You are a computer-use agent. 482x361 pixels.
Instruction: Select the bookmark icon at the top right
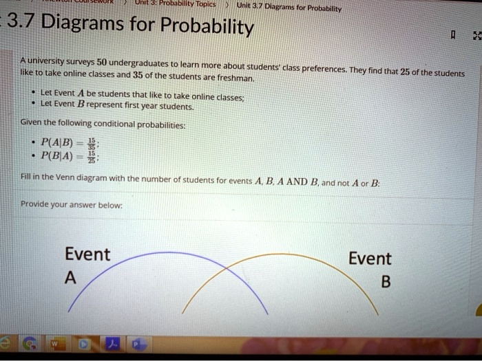coord(452,34)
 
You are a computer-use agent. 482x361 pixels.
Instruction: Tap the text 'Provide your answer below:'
coord(72,204)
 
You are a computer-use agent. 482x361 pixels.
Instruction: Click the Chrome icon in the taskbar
coord(30,342)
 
